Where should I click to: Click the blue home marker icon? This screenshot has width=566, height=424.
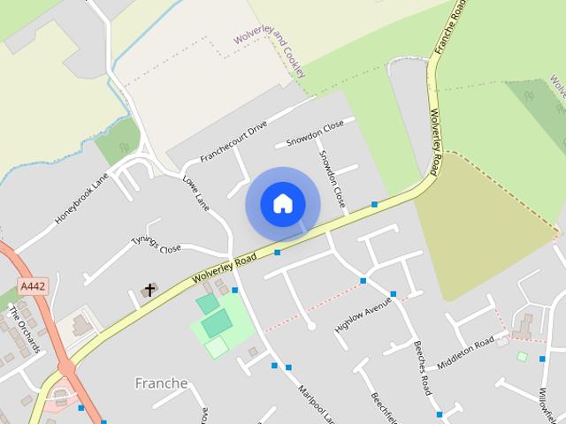[x=282, y=204]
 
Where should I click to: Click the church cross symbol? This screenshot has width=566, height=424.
[x=149, y=290]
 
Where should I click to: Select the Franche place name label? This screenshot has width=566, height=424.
[x=161, y=383]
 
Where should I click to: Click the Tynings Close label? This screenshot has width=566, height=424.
[x=156, y=243]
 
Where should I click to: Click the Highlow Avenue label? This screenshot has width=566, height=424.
[x=363, y=314]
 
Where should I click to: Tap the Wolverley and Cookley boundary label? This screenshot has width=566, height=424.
[x=271, y=41]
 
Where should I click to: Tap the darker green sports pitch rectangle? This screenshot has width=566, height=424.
[x=215, y=323]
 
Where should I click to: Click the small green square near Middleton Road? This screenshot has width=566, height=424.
[x=522, y=357]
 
